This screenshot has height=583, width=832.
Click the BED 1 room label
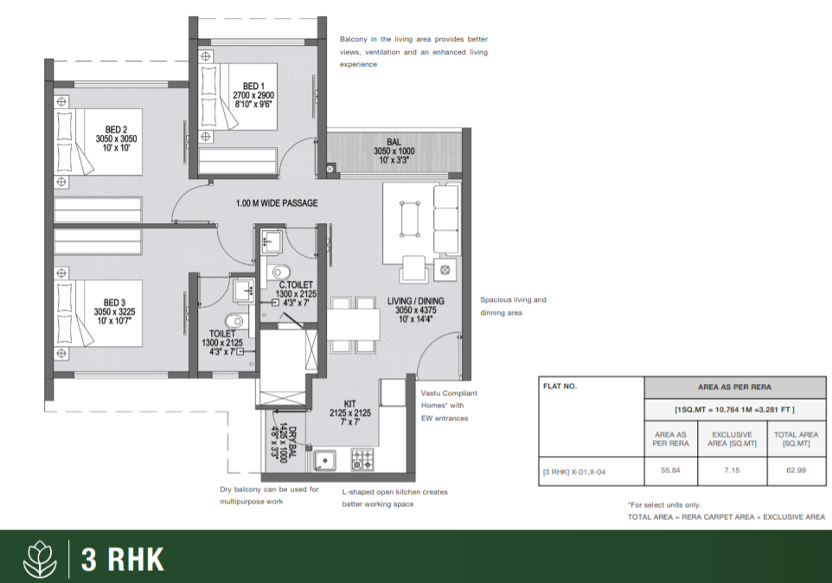253,86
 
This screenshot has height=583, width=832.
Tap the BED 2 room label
116,130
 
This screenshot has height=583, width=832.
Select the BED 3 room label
115,303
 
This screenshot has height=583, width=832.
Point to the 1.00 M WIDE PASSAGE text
277,203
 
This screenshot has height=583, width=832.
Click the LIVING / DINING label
415,301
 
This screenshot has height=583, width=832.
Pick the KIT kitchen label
350,404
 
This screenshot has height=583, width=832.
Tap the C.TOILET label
296,285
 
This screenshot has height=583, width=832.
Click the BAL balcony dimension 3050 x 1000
394,151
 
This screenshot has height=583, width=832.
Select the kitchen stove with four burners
362,460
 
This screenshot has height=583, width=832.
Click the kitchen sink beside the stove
324,460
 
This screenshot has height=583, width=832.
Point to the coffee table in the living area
410,219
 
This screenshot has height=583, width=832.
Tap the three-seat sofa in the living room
446,219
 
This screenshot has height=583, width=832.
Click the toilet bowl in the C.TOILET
281,272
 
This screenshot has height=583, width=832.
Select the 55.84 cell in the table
670,471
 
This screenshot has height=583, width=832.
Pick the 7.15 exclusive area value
732,471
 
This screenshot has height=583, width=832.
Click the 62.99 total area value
796,471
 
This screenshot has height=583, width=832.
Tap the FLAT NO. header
560,386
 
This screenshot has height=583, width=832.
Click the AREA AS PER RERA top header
735,388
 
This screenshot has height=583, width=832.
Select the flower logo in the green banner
41,559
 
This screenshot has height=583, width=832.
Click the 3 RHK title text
123,559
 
